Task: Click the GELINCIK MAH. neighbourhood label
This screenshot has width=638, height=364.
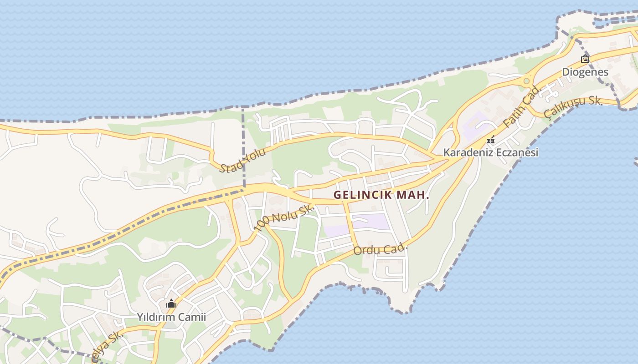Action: tap(381, 195)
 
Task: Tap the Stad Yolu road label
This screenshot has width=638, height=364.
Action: tap(242, 161)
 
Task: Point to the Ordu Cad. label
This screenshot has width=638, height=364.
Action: tap(380, 249)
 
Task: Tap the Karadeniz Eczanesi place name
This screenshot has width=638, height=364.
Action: tap(491, 152)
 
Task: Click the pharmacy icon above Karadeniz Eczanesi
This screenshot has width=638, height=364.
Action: tap(491, 140)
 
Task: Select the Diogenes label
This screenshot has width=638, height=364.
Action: tap(585, 72)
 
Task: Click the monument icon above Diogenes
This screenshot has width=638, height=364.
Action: tap(585, 59)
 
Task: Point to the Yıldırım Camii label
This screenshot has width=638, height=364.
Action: tap(171, 317)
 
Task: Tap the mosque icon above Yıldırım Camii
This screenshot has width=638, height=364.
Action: tap(171, 303)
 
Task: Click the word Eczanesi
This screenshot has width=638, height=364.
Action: tap(515, 152)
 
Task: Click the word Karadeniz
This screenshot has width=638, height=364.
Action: tap(467, 152)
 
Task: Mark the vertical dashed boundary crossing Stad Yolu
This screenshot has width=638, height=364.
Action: tap(243, 146)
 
